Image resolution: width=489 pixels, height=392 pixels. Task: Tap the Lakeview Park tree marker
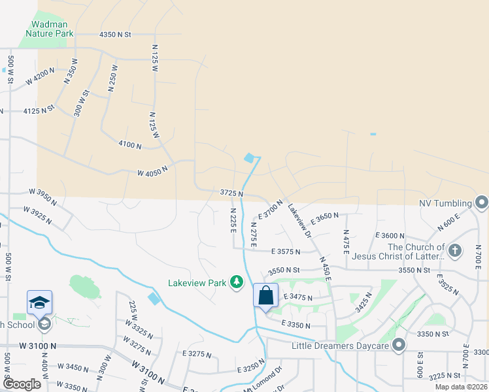[x=237, y=282]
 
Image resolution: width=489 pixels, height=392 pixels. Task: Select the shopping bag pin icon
[x=266, y=295]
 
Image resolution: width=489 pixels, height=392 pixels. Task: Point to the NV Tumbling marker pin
[x=482, y=203]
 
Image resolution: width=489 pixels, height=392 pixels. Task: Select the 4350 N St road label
[x=116, y=34]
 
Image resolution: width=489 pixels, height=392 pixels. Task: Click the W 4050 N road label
[x=152, y=171]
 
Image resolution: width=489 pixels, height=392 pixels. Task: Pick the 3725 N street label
[x=231, y=193]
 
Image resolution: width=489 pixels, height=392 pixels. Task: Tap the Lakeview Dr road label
[x=300, y=221]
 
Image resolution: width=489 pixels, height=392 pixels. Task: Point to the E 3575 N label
[x=286, y=251]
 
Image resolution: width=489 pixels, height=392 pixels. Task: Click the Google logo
[x=21, y=384]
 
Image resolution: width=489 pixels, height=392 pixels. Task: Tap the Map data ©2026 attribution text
[x=462, y=387]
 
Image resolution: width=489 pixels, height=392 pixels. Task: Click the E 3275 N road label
[x=199, y=353]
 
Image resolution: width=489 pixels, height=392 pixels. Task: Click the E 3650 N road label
[x=325, y=217]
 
